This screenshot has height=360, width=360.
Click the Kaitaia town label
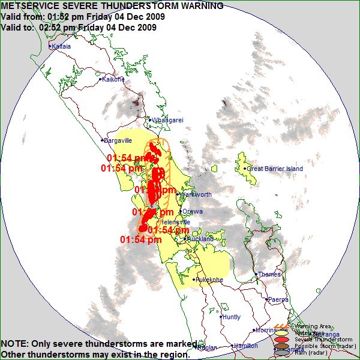click(x=61, y=46)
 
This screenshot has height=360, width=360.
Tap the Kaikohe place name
click(x=113, y=79)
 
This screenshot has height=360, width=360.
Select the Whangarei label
click(x=168, y=120)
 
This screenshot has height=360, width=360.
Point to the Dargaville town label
click(x=118, y=140)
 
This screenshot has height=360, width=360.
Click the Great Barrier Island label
click(x=275, y=169)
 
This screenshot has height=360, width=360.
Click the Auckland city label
click(x=200, y=239)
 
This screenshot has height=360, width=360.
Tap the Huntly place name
click(x=232, y=317)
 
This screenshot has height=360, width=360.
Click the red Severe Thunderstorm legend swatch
click(x=281, y=338)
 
